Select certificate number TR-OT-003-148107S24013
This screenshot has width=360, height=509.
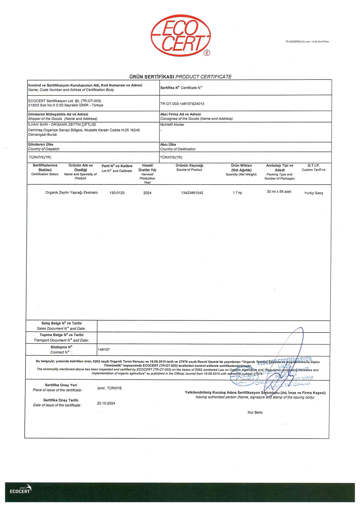point(182,104)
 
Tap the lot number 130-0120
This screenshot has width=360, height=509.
point(117,193)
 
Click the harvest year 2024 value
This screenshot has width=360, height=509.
point(147,193)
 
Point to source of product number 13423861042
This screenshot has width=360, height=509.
point(192,193)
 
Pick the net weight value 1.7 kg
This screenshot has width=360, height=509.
point(237,193)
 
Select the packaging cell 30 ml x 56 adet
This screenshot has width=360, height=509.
point(279,192)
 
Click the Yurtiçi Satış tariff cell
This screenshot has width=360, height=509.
point(314,193)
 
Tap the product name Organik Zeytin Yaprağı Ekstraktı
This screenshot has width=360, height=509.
point(71,193)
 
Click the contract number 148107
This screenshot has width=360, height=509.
point(104,350)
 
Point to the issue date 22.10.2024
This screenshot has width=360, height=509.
point(106,403)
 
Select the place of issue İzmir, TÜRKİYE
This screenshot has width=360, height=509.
point(109,388)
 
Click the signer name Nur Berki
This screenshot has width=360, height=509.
point(255,412)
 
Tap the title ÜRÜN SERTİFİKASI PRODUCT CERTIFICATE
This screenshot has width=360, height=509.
point(180,77)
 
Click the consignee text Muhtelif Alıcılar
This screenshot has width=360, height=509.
point(172,125)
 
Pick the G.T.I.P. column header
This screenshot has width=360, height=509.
point(314,166)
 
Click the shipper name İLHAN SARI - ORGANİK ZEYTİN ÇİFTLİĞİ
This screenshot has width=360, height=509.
point(62,124)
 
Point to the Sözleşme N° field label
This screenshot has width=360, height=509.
point(61,347)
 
